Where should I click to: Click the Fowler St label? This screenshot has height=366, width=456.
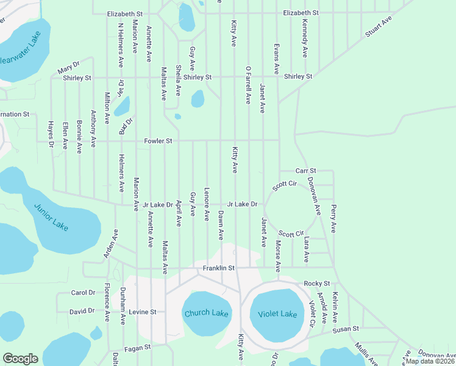tap(159, 141)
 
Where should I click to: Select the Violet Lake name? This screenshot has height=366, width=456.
tap(278, 314)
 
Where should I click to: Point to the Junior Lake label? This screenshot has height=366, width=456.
tap(51, 217)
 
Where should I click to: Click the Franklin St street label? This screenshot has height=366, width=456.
tap(219, 268)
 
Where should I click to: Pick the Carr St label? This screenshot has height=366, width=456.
tap(306, 171)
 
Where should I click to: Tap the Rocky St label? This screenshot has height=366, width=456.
tap(316, 284)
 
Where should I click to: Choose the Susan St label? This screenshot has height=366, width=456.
tap(346, 330)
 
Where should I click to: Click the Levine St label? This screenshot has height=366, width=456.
tap(143, 312)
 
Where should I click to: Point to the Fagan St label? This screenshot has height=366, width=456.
tap(138, 348)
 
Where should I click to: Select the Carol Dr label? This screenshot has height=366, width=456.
tap(84, 293)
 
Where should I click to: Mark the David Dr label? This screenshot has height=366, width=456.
tap(82, 311)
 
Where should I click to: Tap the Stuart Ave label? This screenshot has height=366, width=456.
tap(378, 28)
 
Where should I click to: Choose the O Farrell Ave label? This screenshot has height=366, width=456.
tap(248, 85)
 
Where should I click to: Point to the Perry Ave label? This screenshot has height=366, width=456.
tap(333, 218)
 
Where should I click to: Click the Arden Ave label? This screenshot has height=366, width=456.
tap(110, 243)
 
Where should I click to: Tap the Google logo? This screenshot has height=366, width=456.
tap(20, 359)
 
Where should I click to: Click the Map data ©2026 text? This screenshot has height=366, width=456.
tap(430, 361)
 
